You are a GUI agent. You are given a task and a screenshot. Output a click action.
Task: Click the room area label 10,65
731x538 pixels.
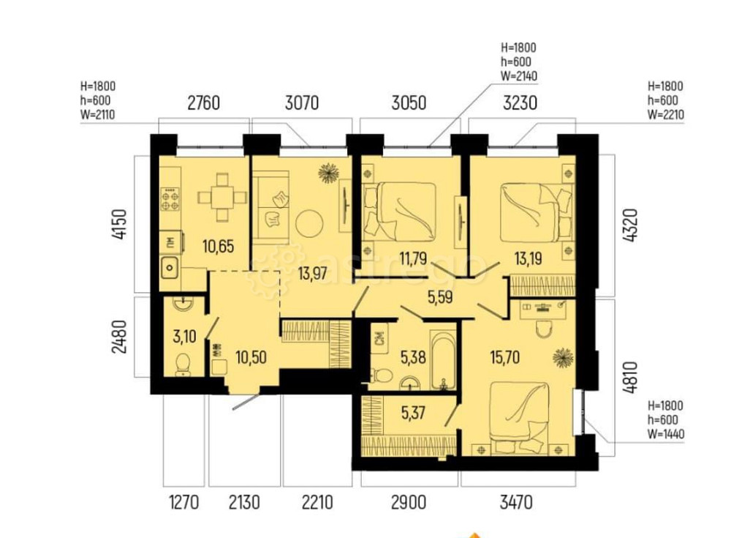pyautogui.click(x=219, y=246)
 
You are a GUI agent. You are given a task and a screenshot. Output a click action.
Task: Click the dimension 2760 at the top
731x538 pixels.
pyautogui.click(x=203, y=103)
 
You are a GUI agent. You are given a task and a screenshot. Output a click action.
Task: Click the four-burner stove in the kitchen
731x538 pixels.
pyautogui.click(x=171, y=199)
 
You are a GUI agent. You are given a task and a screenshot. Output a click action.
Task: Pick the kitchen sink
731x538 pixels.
pyautogui.click(x=170, y=268)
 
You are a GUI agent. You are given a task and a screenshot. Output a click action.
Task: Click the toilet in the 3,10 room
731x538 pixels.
pyautogui.click(x=182, y=362)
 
